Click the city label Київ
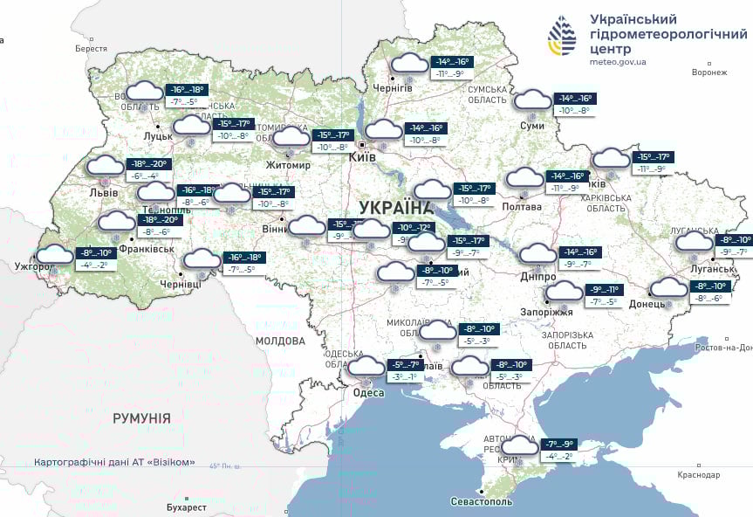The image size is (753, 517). (x=362, y=157)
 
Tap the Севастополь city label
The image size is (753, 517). (x=481, y=502)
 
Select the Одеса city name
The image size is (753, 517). (x=368, y=393)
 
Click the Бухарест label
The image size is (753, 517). (x=187, y=507)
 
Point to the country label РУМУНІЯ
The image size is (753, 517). (x=141, y=418)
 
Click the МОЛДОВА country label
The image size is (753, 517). (x=280, y=341)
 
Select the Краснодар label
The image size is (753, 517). (x=697, y=475)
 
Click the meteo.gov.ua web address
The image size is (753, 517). (x=618, y=63)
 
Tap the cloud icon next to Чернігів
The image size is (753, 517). (x=409, y=64)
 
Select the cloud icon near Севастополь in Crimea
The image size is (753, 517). (x=520, y=445)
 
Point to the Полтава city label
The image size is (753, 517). (x=521, y=207)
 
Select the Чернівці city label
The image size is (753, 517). (x=180, y=284)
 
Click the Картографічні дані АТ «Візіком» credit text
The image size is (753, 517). (x=115, y=462)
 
